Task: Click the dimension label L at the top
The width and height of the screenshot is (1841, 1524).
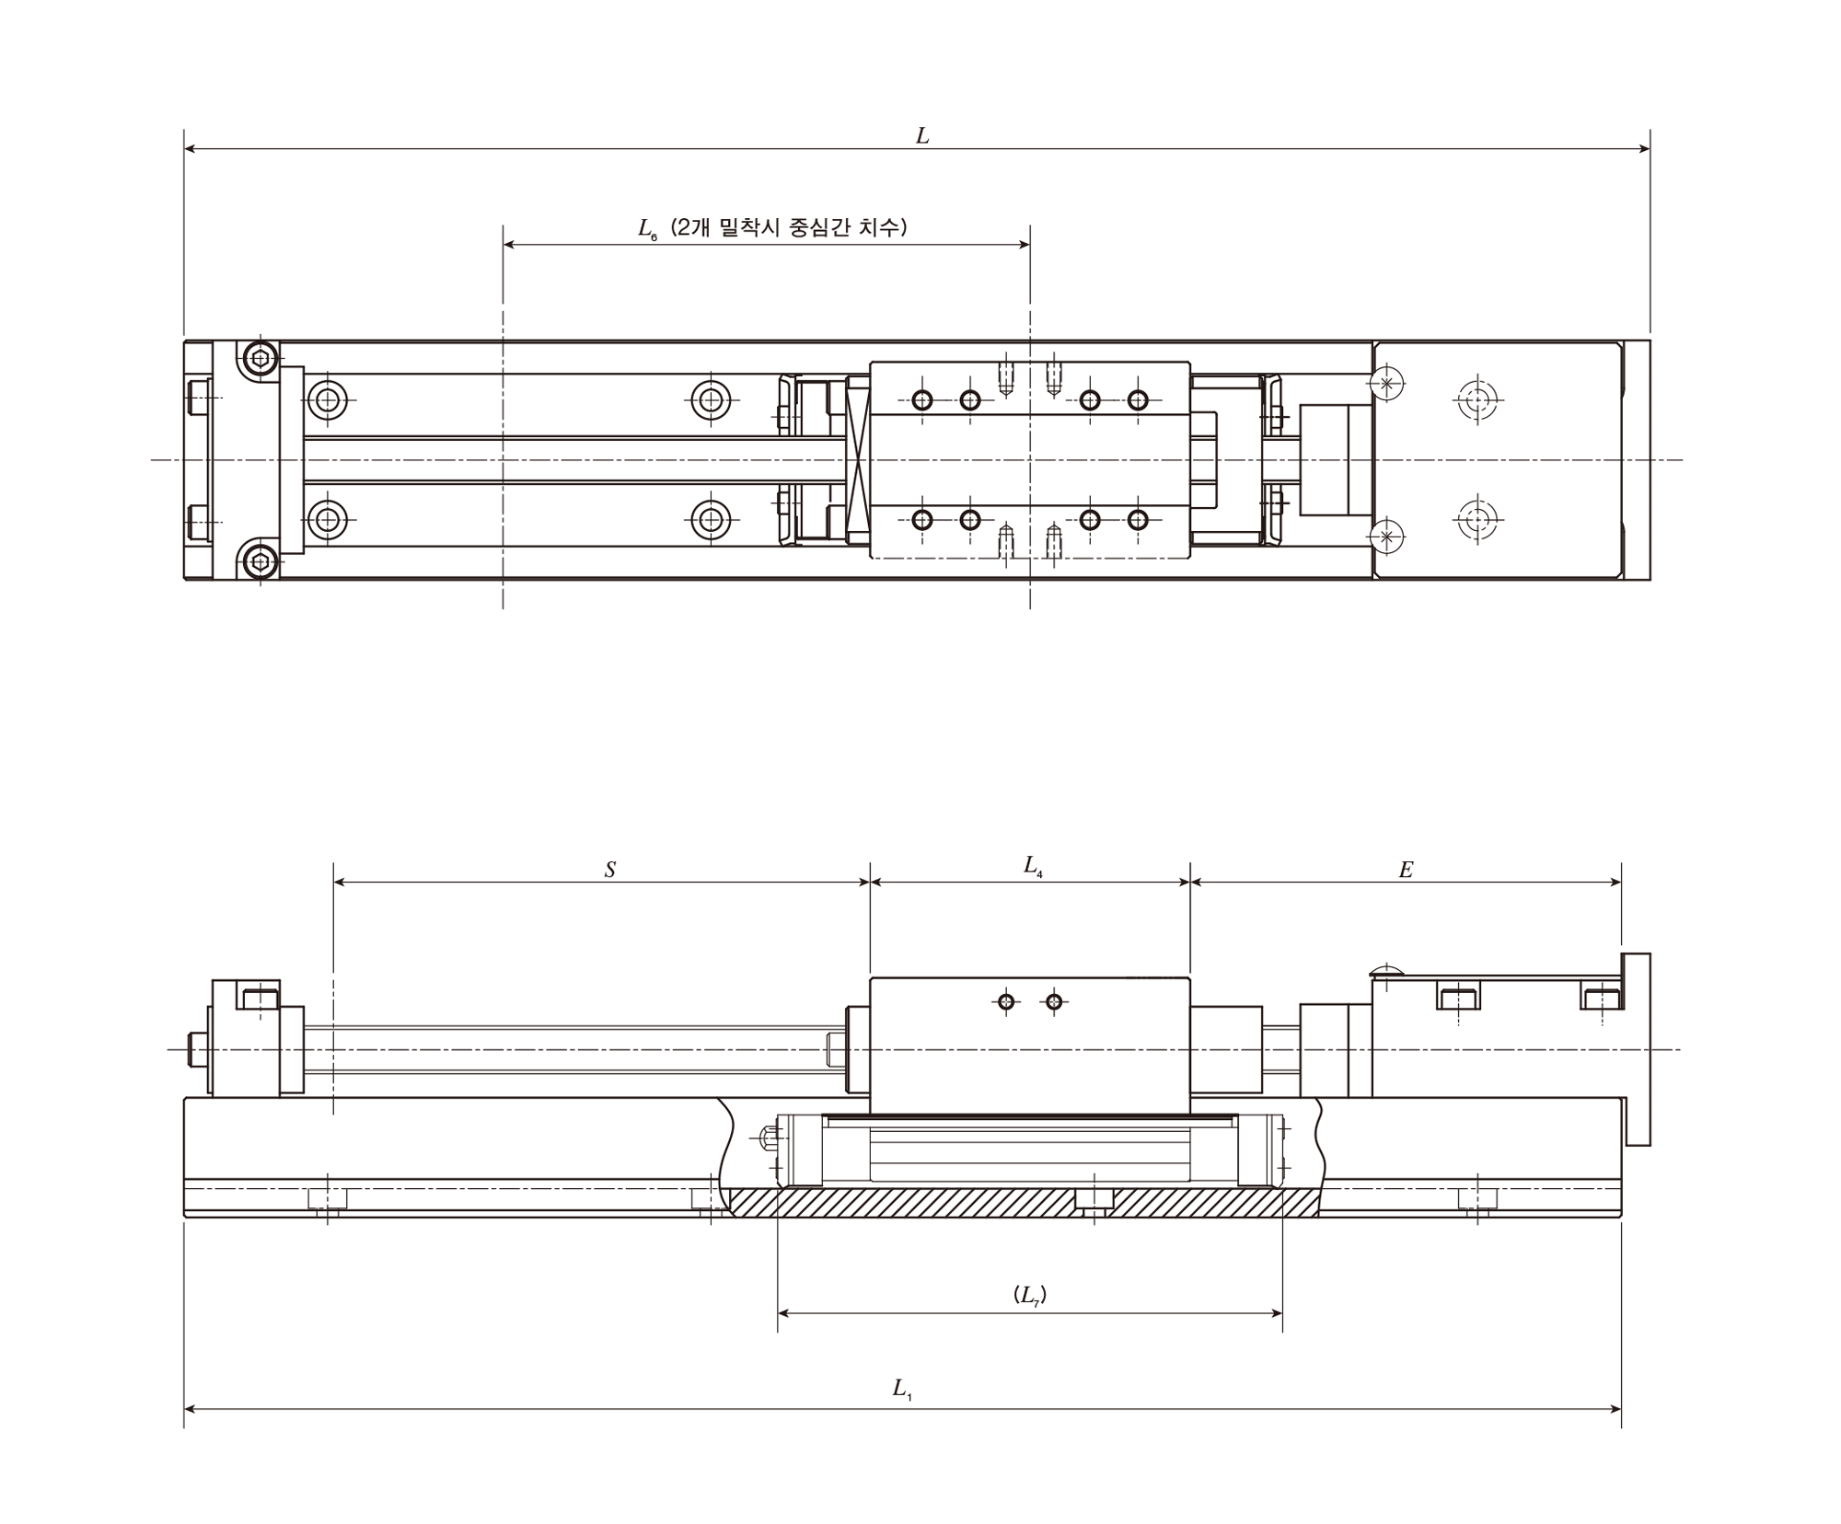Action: coord(922,136)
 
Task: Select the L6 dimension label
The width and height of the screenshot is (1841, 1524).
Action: coord(648,229)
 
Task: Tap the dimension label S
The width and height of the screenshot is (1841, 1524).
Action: coord(610,870)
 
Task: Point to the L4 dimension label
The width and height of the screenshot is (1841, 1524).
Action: coord(1034,866)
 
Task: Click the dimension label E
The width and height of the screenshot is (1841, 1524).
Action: coord(1406,870)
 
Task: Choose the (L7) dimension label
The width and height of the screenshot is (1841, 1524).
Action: coord(1030,1295)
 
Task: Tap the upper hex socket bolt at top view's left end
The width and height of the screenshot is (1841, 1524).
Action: coord(261,359)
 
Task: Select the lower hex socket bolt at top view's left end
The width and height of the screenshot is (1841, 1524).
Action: coord(261,560)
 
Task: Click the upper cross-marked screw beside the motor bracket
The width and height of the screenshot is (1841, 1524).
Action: coord(1387,383)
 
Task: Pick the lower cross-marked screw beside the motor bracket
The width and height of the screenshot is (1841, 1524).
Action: coord(1387,537)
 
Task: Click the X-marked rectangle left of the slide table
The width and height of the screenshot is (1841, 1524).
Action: coord(858,459)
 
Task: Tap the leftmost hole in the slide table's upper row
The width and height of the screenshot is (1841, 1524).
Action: coord(922,400)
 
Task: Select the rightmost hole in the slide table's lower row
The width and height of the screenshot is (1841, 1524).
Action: coord(1138,520)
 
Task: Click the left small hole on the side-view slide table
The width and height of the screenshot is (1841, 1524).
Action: coord(1007,1001)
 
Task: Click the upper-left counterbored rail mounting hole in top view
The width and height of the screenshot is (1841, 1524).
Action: coord(328,400)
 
